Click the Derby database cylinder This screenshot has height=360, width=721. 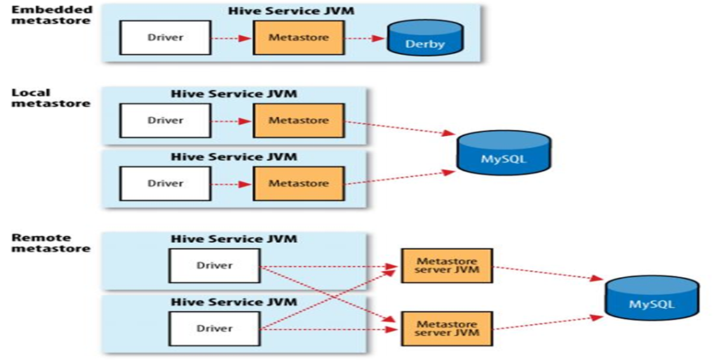point(425,38)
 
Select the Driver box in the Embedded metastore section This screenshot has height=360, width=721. point(165,37)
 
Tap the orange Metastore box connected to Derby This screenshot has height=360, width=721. point(298,37)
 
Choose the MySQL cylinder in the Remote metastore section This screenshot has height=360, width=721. point(652,299)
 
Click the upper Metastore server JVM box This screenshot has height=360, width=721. point(446,265)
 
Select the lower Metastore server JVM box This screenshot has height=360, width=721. point(446,328)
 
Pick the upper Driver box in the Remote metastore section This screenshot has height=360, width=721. point(214,265)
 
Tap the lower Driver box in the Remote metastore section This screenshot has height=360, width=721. point(214,328)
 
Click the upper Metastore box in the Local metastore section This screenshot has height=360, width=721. point(298,120)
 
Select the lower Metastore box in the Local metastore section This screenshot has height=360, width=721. point(298,183)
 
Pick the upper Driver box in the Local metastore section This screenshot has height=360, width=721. point(165,120)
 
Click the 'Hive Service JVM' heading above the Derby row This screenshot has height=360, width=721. point(291,11)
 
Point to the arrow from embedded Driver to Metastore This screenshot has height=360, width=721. point(231,38)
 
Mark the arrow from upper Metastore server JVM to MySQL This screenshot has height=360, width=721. point(547,272)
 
